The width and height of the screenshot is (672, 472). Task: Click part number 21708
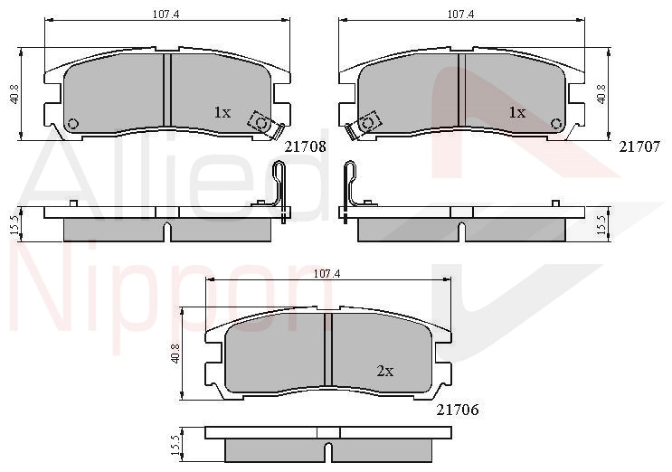click(x=306, y=146)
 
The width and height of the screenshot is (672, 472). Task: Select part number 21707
click(x=639, y=146)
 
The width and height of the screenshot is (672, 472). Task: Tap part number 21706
click(x=458, y=410)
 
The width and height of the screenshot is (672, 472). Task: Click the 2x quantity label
click(x=385, y=371)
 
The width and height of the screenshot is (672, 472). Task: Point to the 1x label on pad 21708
click(x=222, y=112)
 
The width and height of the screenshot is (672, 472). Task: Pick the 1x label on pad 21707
click(x=516, y=112)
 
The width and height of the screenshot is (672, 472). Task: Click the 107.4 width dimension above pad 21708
click(x=166, y=14)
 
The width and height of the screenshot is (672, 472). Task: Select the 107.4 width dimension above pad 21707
click(x=460, y=14)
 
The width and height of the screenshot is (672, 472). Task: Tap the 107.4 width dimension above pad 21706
click(x=327, y=273)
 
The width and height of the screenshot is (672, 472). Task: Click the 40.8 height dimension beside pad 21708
click(x=14, y=94)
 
